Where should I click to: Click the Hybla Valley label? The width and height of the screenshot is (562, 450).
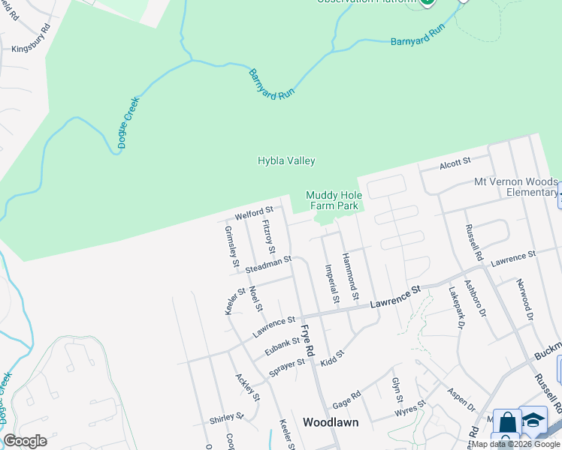(286, 160)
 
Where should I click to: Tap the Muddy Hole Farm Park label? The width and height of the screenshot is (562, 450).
(334, 200)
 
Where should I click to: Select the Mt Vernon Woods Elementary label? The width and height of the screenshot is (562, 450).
(515, 187)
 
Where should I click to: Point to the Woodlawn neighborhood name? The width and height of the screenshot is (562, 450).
(330, 422)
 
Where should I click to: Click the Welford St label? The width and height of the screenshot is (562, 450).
(252, 214)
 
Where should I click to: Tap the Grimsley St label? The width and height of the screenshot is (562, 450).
(231, 247)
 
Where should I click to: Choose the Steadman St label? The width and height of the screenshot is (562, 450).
(267, 262)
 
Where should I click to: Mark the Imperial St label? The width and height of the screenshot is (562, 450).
(331, 283)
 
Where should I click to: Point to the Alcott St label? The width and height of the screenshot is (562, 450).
(455, 161)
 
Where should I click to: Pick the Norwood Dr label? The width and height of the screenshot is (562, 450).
(524, 299)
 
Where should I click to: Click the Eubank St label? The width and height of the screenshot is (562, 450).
(283, 346)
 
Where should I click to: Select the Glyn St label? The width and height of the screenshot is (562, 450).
(397, 390)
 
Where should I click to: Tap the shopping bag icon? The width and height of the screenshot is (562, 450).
(507, 422)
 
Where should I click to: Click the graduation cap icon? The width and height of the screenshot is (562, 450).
(533, 420)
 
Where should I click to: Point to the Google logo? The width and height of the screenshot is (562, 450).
(26, 441)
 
